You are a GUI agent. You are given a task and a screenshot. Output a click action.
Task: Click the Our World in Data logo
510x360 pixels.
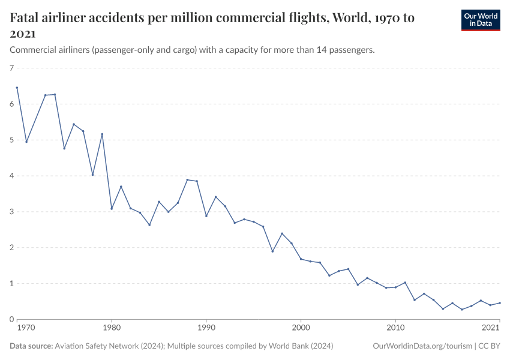(480, 20)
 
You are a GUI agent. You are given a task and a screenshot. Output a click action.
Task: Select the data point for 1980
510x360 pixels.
(112, 209)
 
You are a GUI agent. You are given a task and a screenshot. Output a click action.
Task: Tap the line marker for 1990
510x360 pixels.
(206, 216)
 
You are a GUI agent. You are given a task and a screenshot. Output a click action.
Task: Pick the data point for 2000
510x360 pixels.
(301, 259)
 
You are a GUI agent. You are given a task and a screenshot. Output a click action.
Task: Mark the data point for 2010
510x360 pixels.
(395, 287)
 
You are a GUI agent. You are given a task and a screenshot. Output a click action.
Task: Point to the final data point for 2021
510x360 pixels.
(500, 303)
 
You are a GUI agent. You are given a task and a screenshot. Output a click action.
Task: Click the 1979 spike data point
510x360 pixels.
(102, 134)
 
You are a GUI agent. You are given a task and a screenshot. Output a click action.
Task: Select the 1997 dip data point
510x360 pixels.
(272, 251)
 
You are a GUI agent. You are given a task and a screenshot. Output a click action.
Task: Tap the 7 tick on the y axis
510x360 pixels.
(11, 68)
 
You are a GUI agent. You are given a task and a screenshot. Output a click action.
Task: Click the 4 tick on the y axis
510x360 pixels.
(11, 176)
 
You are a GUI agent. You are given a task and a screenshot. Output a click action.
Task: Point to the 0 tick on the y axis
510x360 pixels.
(11, 319)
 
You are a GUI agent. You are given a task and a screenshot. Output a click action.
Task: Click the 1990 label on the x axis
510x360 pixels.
(206, 328)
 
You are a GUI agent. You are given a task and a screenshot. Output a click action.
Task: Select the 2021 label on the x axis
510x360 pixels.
(491, 328)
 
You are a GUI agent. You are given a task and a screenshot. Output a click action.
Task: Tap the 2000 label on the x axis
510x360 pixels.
(301, 328)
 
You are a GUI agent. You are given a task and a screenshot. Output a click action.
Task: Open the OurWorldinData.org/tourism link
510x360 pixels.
(422, 346)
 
